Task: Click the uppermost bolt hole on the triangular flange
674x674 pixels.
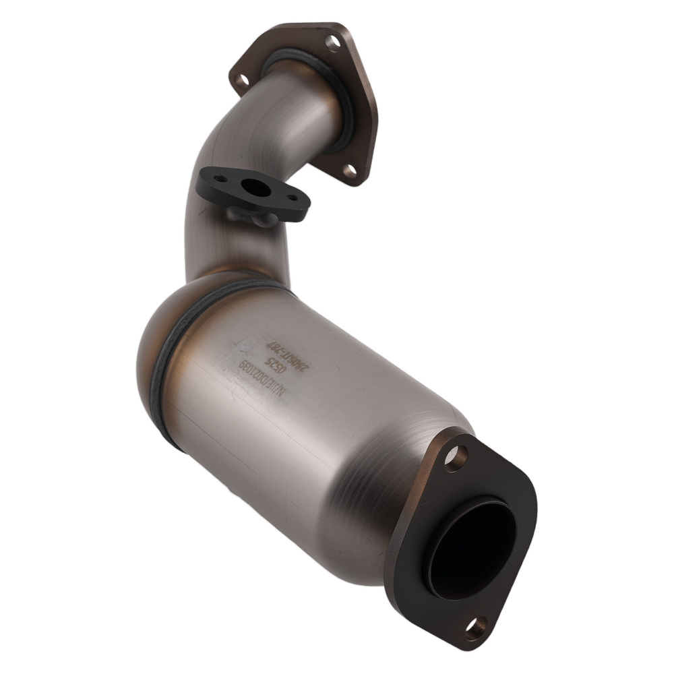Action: click(x=332, y=44)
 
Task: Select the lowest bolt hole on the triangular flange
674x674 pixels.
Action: click(x=350, y=171)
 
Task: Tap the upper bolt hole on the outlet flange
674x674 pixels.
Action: click(x=456, y=458)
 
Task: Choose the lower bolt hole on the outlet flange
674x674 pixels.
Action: click(x=476, y=628)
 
